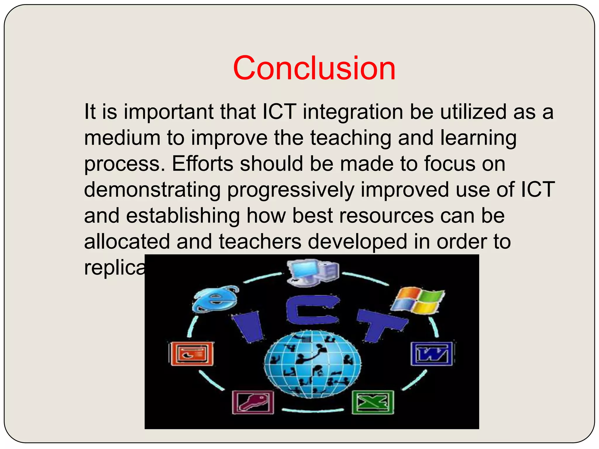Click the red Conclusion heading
click(314, 68)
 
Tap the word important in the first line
click(169, 112)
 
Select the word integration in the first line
click(353, 112)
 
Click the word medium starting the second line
click(122, 138)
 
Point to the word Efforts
click(202, 164)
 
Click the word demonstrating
click(152, 190)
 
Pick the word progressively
click(291, 190)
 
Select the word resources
click(363, 216)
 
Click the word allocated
click(127, 241)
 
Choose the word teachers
click(260, 241)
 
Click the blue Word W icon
click(432, 354)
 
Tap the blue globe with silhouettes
click(312, 364)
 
